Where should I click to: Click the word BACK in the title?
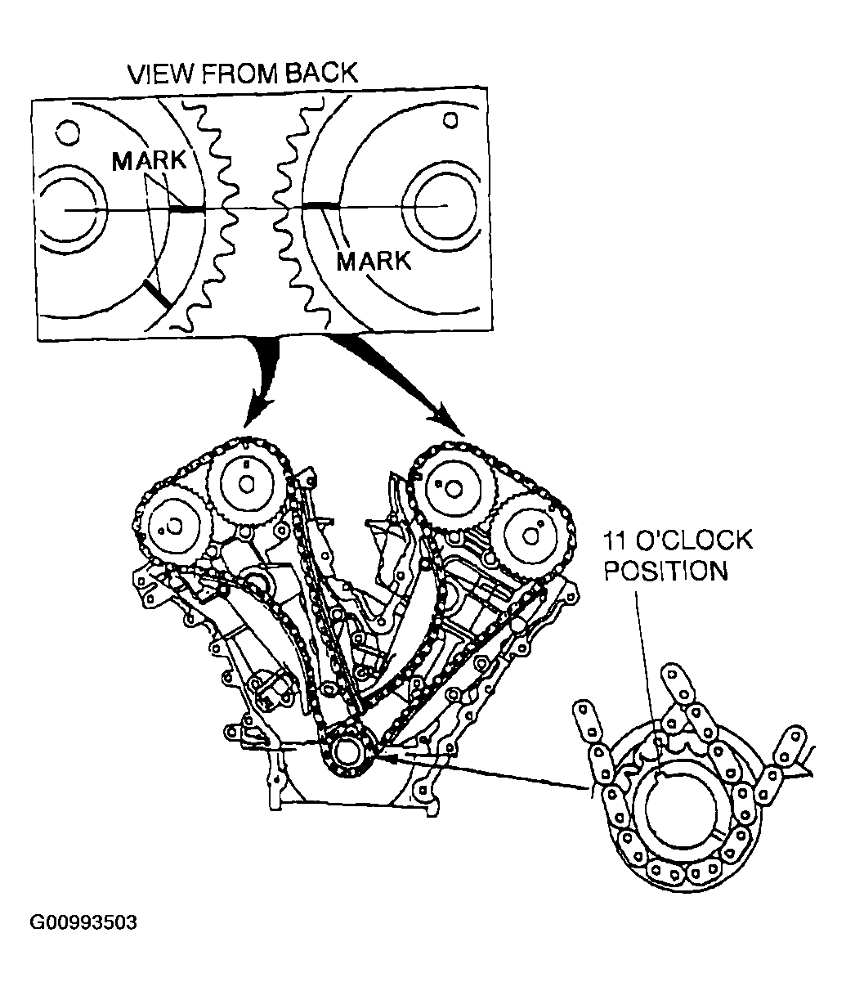point(320,74)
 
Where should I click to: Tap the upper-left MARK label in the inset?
point(150,161)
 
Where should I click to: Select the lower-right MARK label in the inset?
point(374,262)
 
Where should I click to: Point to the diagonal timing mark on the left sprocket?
point(157,294)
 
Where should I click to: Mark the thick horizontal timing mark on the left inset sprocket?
point(187,210)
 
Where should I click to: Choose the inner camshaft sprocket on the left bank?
point(245,482)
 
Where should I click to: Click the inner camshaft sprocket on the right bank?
point(450,487)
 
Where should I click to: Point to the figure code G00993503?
point(84,923)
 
